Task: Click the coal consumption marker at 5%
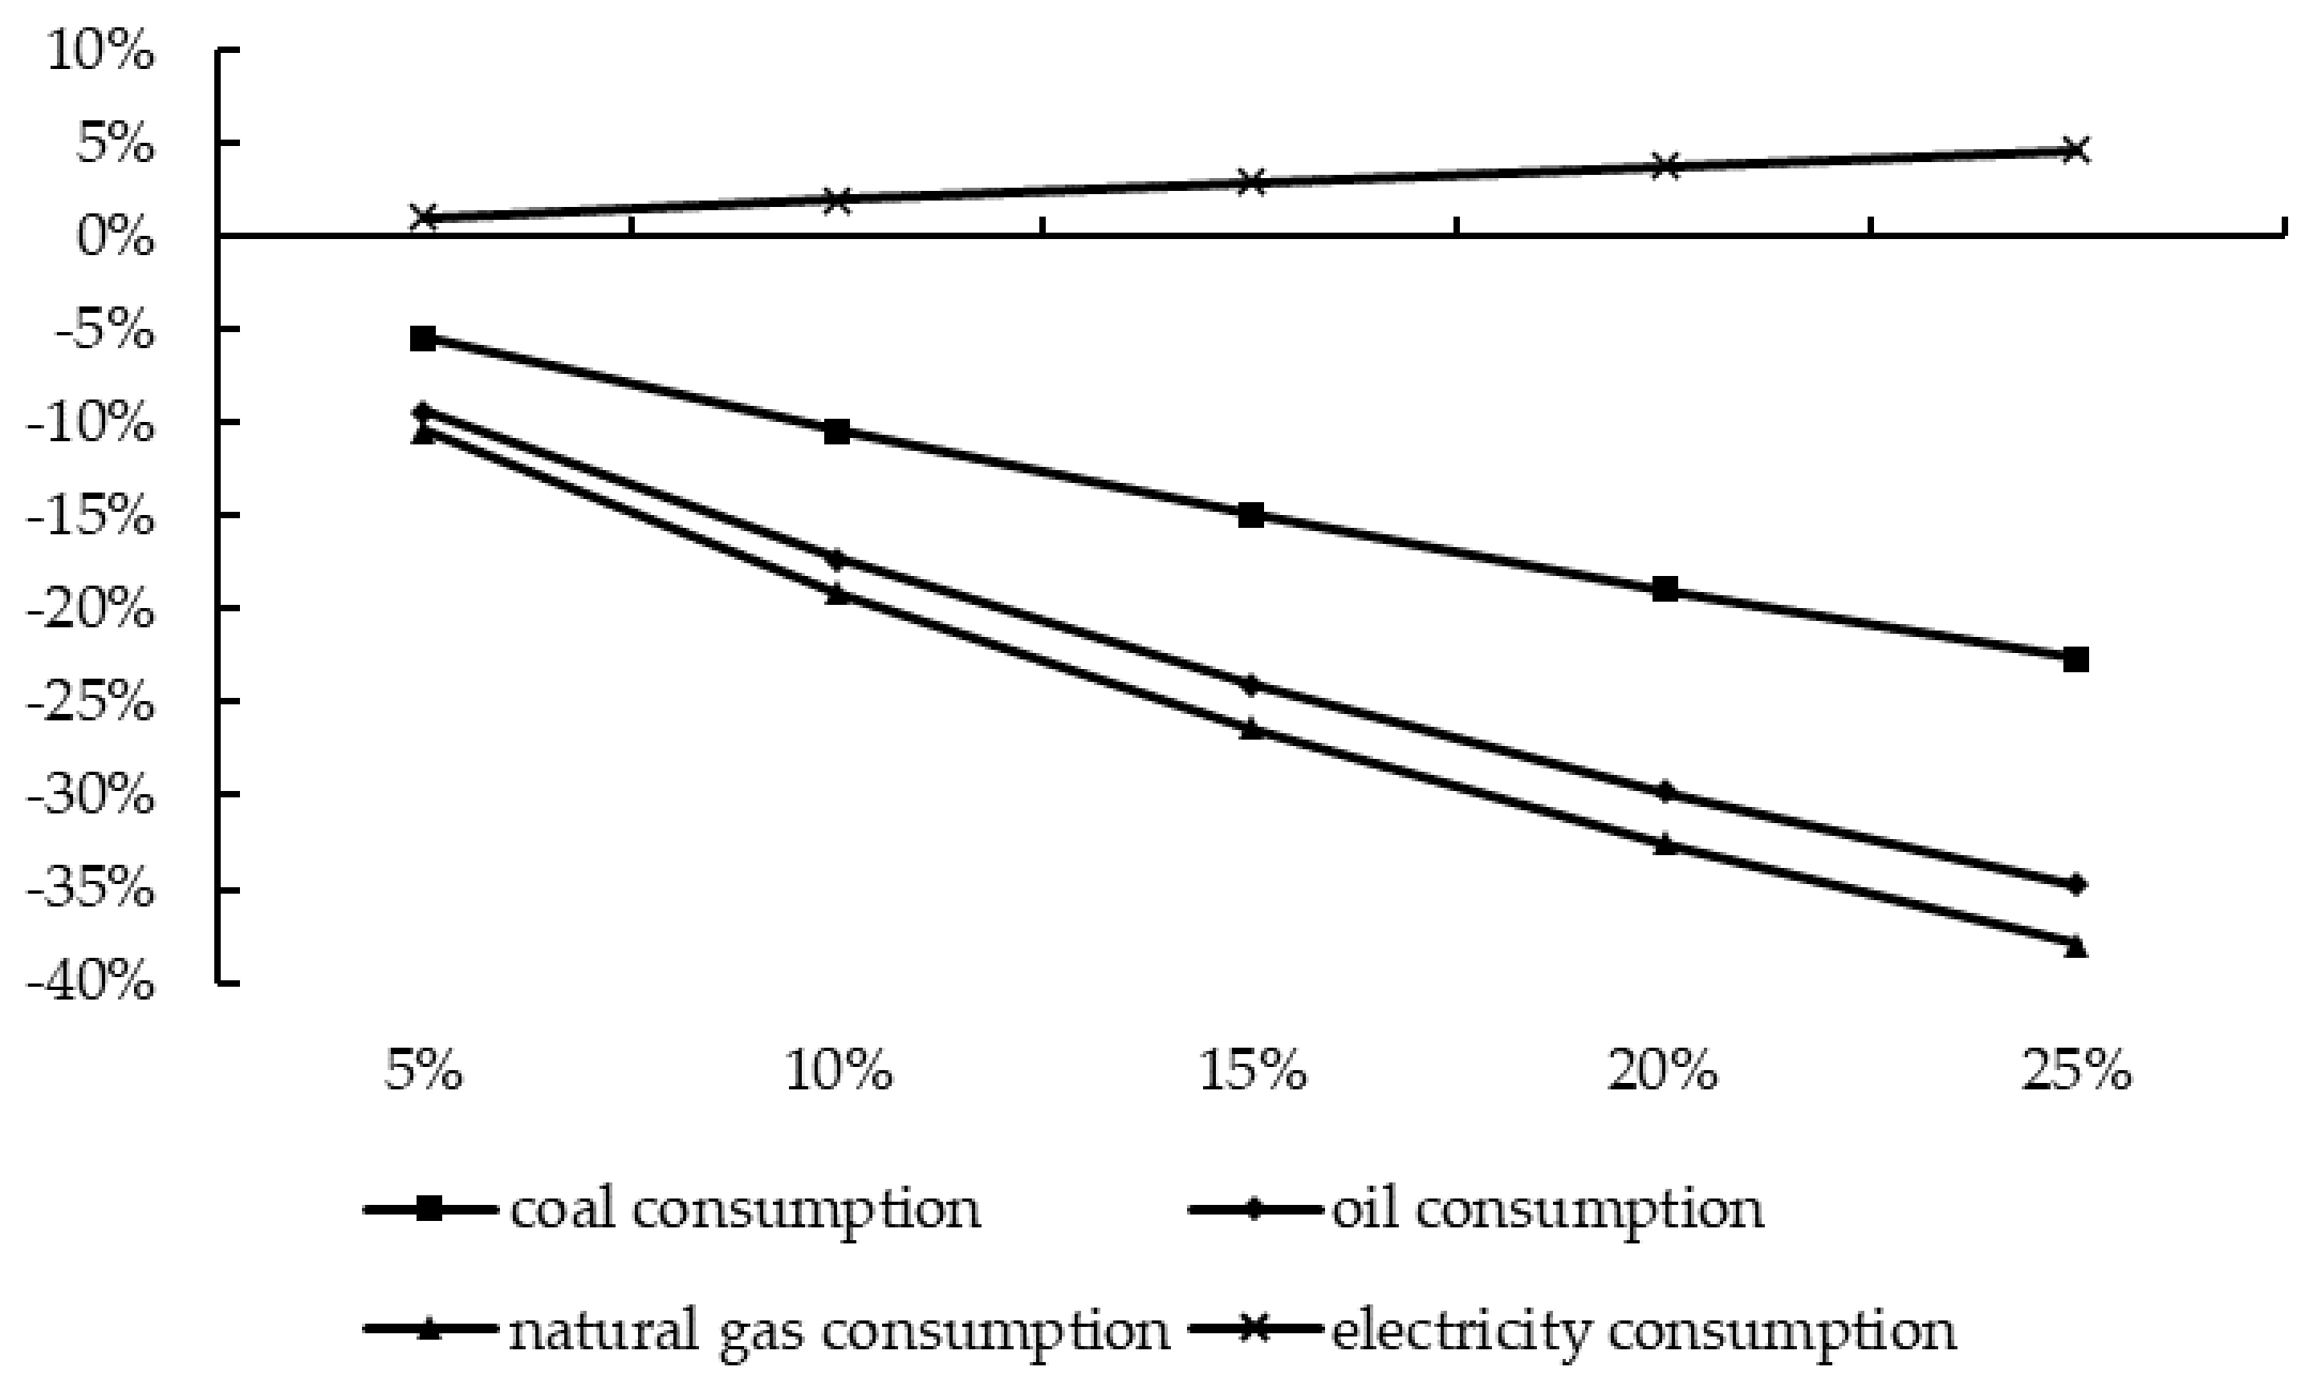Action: (423, 339)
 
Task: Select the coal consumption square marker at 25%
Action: (2075, 660)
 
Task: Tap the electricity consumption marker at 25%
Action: (2075, 150)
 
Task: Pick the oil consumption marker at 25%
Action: (2075, 884)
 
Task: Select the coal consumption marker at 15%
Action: (1251, 514)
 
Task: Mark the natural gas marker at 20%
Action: (1665, 845)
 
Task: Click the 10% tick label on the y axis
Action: (100, 53)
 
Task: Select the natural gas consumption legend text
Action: (839, 1331)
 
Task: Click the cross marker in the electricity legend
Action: (1255, 1331)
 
